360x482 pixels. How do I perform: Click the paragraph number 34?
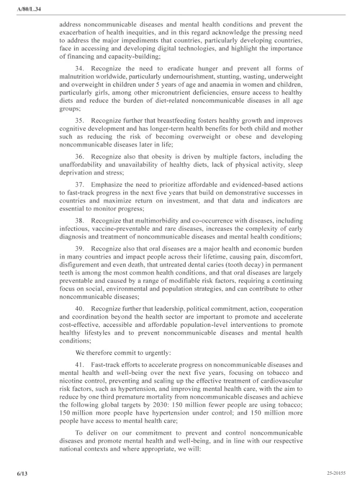[80, 69]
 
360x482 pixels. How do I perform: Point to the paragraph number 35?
[80, 121]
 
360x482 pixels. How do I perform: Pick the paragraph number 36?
[80, 157]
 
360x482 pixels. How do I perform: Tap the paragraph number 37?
[80, 185]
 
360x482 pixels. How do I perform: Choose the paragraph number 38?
[80, 221]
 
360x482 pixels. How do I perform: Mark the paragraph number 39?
[80, 249]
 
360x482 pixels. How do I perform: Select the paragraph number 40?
[80, 309]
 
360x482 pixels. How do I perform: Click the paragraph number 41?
[80, 365]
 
